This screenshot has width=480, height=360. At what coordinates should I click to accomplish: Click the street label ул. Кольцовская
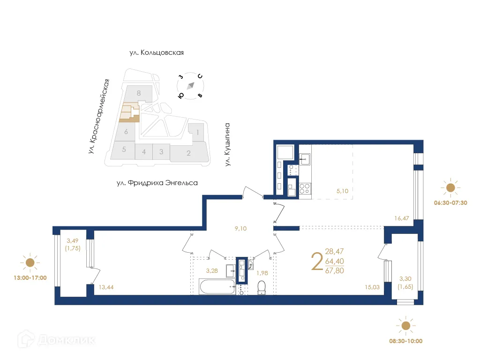[x=157, y=52]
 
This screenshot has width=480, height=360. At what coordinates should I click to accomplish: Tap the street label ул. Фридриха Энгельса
[x=157, y=183]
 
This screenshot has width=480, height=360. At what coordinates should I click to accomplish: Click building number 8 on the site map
[x=139, y=93]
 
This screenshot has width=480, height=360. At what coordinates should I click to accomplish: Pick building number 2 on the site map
[x=188, y=153]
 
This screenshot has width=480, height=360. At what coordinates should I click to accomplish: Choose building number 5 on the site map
[x=124, y=150]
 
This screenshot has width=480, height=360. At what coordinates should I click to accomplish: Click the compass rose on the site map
[x=190, y=86]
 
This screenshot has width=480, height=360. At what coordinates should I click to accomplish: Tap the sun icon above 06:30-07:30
[x=450, y=188]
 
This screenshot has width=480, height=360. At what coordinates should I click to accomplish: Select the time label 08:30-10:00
[x=406, y=341]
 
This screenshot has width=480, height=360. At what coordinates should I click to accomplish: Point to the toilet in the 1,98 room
[x=262, y=287]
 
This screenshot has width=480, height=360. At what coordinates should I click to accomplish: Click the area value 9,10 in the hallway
[x=241, y=229]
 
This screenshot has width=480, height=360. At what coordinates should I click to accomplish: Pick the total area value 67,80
[x=334, y=270]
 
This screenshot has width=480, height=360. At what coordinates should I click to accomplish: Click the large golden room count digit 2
[x=317, y=262]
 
